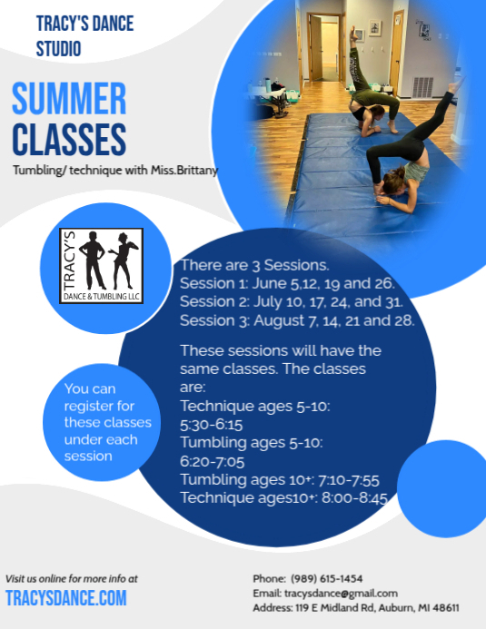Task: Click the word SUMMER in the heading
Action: coord(69,99)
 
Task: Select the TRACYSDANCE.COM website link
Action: coord(66,597)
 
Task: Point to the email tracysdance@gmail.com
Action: coord(338,593)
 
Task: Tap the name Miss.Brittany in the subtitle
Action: coord(185,171)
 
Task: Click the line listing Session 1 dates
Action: coord(285,283)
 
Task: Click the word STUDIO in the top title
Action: coord(58,48)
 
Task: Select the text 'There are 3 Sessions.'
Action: coord(254,265)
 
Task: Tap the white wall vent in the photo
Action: coord(422,86)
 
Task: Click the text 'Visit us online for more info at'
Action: coord(72,577)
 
